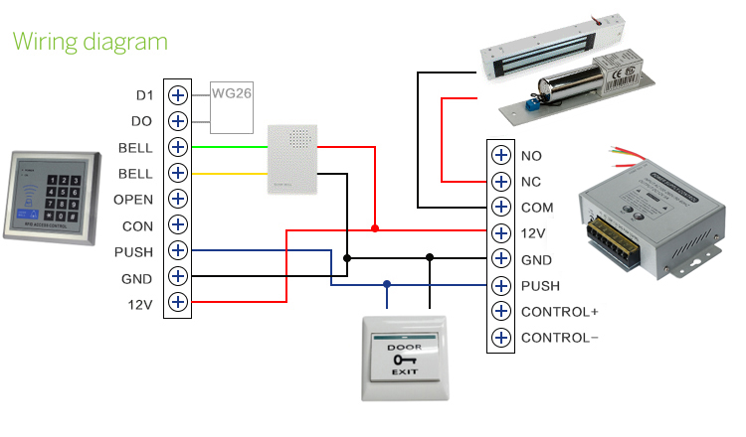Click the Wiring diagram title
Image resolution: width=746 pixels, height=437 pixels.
click(x=90, y=42)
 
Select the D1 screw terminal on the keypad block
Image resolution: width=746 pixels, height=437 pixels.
click(x=178, y=95)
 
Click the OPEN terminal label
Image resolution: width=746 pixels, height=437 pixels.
click(x=133, y=199)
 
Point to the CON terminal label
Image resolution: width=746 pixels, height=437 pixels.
click(x=137, y=225)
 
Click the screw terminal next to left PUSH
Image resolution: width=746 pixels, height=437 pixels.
click(x=178, y=250)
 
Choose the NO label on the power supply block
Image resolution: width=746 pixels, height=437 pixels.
click(x=531, y=156)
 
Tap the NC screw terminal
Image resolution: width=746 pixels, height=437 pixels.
click(x=500, y=182)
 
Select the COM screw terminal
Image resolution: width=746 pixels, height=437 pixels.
click(x=500, y=208)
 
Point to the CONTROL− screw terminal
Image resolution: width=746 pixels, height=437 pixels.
click(x=500, y=337)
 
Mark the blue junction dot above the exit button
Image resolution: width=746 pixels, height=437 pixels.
click(x=387, y=284)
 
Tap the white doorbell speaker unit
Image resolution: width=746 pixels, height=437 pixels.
click(x=292, y=159)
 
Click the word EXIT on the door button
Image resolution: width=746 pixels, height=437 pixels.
click(x=402, y=370)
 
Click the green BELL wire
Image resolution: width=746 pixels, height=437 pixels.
click(x=229, y=147)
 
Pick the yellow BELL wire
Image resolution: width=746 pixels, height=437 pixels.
click(x=229, y=173)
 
